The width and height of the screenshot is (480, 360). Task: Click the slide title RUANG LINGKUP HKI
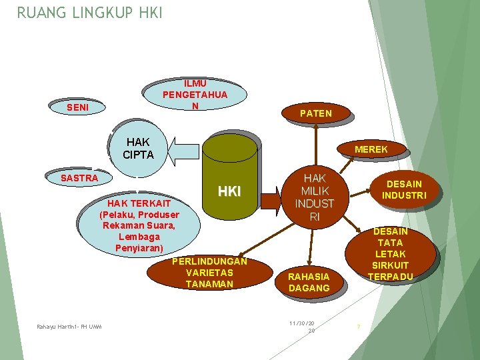tap(89, 13)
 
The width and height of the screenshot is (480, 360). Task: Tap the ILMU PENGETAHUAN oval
tap(195, 94)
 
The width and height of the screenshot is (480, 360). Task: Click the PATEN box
tap(315, 113)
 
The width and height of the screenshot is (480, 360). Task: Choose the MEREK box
tap(371, 149)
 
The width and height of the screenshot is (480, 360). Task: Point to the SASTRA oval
tap(79, 178)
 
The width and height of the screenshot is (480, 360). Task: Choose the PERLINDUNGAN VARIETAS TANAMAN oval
tap(209, 273)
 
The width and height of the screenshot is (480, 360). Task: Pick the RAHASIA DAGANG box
tap(309, 281)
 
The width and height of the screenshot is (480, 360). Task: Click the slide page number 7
tap(359, 327)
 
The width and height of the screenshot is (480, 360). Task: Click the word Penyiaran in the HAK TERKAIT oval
tap(139, 249)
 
